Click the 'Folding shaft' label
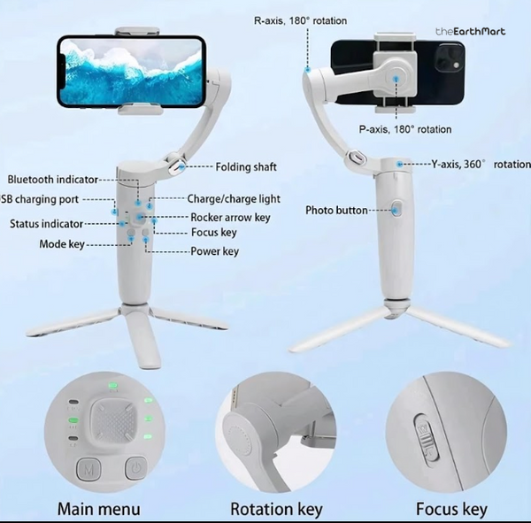point(246,166)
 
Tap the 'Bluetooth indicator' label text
point(53,181)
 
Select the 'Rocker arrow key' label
point(231,217)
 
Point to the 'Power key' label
point(215,251)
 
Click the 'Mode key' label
point(62,244)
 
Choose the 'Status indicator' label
point(47,224)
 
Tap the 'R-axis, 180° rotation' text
point(300,20)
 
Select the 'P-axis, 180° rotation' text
point(405,129)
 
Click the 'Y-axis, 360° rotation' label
point(481,165)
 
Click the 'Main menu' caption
point(98,509)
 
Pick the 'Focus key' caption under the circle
point(451,509)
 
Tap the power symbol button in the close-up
point(135,466)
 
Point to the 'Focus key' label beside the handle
point(214,233)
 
